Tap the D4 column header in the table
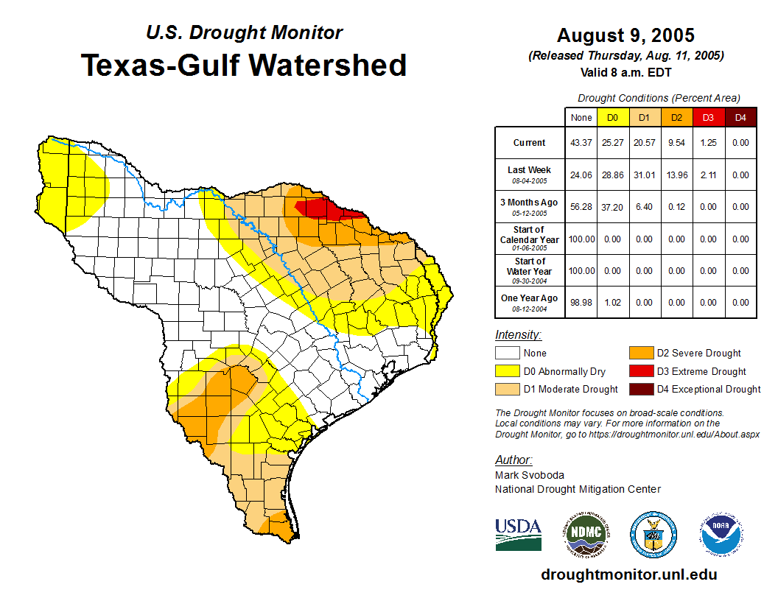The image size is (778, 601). point(740,117)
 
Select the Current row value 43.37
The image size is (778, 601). point(581,143)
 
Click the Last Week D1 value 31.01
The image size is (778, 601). point(644,175)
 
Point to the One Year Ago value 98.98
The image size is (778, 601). point(581,303)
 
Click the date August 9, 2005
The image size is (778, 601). point(625,35)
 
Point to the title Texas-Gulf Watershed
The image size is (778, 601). point(244,65)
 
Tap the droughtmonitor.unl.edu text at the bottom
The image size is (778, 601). point(628,574)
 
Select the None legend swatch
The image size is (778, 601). point(508,353)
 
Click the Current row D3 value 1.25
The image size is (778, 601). point(707,143)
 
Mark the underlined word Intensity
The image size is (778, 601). point(518,335)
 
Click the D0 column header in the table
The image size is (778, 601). point(612,117)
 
